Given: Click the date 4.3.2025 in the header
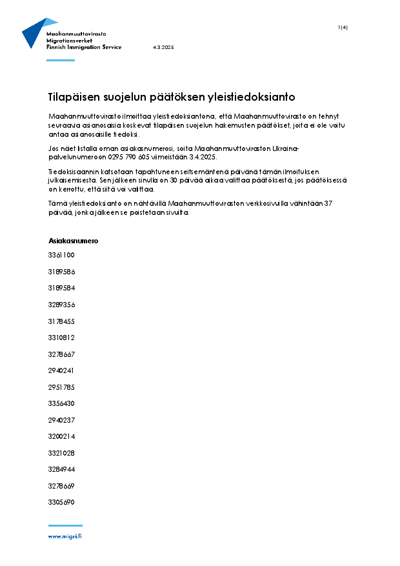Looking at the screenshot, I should (x=163, y=48).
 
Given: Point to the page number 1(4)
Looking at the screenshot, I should (x=343, y=27).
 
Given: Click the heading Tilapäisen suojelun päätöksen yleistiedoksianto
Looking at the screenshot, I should (x=172, y=97).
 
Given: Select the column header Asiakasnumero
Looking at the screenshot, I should (x=73, y=241).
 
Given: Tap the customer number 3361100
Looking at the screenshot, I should (x=61, y=255).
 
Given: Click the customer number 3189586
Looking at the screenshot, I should (x=61, y=272).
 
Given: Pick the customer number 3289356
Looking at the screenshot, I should (x=61, y=305).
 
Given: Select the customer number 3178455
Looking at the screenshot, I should (x=61, y=321).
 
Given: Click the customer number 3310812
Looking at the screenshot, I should (x=61, y=338).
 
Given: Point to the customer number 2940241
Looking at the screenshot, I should (x=61, y=370).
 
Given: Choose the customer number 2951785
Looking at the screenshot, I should (x=61, y=387).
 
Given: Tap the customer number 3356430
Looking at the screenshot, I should (x=61, y=403).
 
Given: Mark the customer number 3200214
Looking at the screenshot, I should (x=61, y=436).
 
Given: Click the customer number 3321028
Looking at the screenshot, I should (x=61, y=453).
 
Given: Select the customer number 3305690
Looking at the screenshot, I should (x=61, y=502).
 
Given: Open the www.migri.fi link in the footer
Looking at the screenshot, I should (x=65, y=536).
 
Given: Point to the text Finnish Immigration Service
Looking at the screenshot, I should (x=84, y=48).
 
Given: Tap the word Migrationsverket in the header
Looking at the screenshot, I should (x=70, y=40).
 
